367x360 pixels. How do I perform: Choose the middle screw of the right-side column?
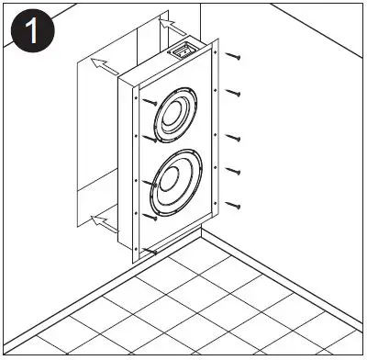point(235,138)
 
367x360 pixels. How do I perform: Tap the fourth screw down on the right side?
point(235,171)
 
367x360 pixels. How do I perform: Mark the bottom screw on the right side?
point(235,204)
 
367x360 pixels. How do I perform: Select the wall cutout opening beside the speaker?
point(92,138)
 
